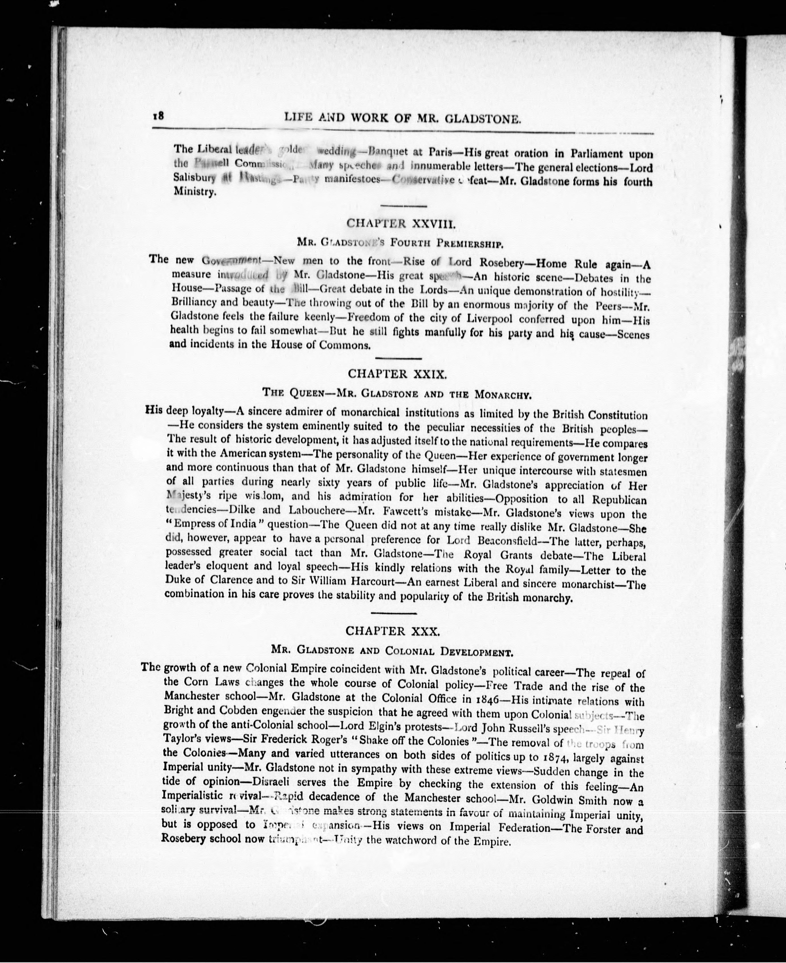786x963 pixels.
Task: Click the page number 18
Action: tap(158, 116)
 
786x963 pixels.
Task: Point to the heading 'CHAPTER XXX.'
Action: tap(392, 631)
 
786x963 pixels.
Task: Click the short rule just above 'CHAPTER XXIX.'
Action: tap(398, 359)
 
